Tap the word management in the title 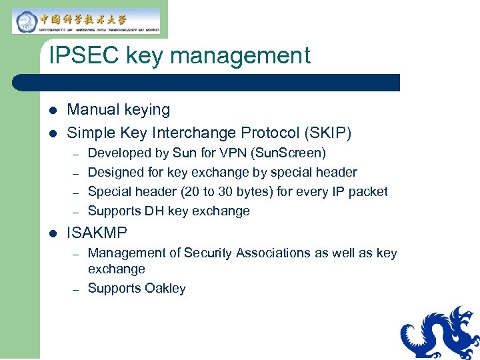point(241,55)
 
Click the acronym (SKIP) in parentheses point(327,133)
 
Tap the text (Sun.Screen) point(292,153)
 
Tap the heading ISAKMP point(97,233)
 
